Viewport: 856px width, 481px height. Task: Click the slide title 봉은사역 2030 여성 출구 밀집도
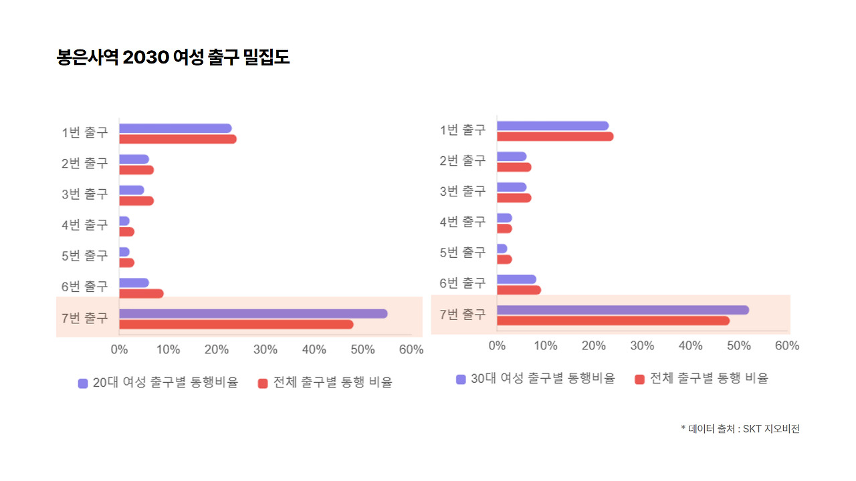173,57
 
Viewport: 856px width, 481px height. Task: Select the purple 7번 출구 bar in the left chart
253,313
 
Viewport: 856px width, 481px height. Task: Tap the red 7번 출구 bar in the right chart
613,321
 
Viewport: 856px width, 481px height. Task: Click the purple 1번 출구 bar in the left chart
175,128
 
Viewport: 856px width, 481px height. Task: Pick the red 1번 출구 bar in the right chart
555,136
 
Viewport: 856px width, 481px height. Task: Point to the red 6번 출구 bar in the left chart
141,293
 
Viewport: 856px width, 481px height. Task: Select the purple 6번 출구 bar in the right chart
516,279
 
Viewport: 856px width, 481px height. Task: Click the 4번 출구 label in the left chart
84,224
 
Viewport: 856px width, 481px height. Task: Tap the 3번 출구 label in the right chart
463,191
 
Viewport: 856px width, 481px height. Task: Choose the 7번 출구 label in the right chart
463,314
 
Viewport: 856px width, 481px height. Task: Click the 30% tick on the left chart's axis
265,349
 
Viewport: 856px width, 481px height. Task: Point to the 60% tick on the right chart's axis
787,345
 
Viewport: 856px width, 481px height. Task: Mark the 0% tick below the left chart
119,349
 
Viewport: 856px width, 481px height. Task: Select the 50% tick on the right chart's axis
738,345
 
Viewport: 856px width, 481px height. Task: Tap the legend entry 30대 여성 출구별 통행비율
542,379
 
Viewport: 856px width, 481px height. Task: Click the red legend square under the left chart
263,383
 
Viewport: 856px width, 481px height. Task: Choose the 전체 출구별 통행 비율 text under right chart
709,379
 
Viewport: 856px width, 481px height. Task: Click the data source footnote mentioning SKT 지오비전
740,429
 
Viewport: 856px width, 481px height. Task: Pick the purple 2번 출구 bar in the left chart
134,159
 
